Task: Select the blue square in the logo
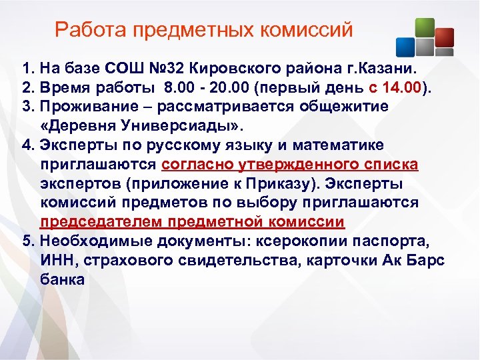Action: (x=405, y=46)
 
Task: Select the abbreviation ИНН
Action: (x=57, y=260)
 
